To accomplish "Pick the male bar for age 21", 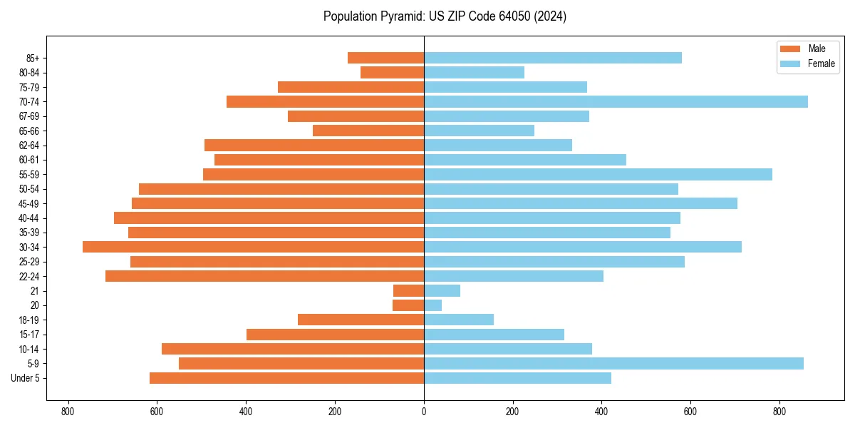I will tap(408, 290).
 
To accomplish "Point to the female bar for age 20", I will tap(432, 305).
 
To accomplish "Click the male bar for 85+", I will tap(385, 58).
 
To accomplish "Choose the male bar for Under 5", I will tap(286, 378).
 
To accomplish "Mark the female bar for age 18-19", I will tap(459, 320).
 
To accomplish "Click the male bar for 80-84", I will tap(392, 73).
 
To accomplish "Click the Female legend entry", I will tap(809, 63).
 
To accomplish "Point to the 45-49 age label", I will tap(29, 203).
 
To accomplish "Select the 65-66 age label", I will tap(29, 131).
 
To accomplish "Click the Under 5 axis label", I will tap(26, 378).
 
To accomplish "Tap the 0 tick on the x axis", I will tap(424, 412).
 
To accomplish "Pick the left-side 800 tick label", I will tap(68, 412).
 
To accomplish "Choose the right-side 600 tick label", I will tap(690, 412).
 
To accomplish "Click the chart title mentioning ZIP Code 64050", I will tap(445, 16).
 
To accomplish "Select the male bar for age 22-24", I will tap(264, 276).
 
